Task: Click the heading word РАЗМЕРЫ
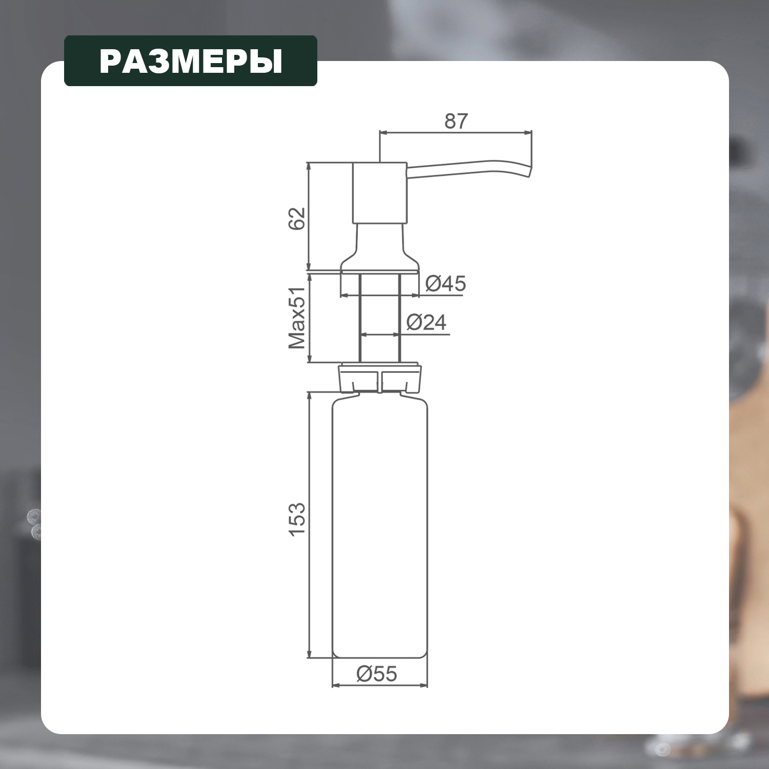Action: [x=191, y=61]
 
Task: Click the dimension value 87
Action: [x=456, y=121]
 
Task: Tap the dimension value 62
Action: [x=297, y=219]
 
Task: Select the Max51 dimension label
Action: [x=297, y=317]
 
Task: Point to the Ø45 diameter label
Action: [x=445, y=283]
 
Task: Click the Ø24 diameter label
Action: [x=426, y=322]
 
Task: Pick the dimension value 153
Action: [x=297, y=519]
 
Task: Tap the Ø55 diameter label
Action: [x=377, y=674]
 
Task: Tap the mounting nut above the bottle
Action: [x=379, y=377]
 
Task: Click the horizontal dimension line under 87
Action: [x=456, y=133]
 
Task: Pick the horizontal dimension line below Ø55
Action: [x=379, y=685]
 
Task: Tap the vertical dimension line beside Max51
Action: [x=309, y=318]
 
